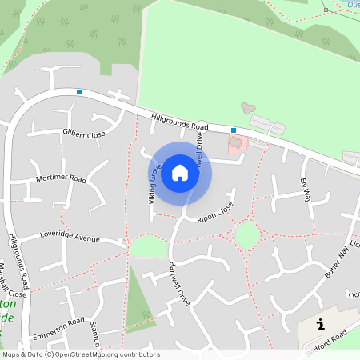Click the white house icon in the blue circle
pos(180,173)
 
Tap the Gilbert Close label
pos(84,134)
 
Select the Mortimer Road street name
pos(61,178)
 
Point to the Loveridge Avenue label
pos(70,238)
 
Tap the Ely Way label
pos(305,190)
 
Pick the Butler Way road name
pos(338,262)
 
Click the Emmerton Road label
pos(58,327)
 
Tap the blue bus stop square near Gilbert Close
pos(79,92)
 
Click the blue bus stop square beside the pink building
pos(234,130)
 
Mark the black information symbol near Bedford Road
pos(321,324)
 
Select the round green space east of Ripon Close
pos(247,234)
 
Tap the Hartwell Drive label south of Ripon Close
pos(179,282)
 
